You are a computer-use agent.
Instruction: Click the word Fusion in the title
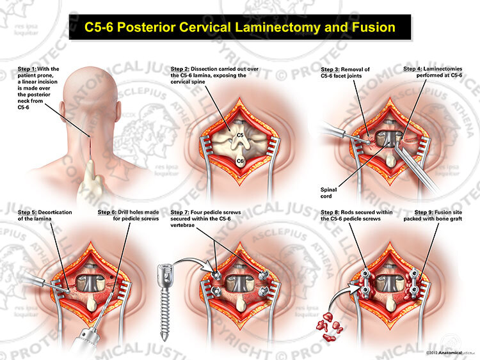pos(374,27)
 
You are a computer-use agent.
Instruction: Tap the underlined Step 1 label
pos(27,69)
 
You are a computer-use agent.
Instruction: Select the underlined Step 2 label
pos(180,69)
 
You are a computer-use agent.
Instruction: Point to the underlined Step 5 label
pos(27,212)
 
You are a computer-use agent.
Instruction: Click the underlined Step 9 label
pos(424,212)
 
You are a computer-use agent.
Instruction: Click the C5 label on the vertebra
pos(240,135)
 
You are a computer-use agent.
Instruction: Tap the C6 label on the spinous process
pos(240,162)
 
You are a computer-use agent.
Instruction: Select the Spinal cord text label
pos(328,193)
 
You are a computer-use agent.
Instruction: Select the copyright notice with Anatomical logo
pos(444,353)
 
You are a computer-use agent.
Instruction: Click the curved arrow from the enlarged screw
pos(191,262)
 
